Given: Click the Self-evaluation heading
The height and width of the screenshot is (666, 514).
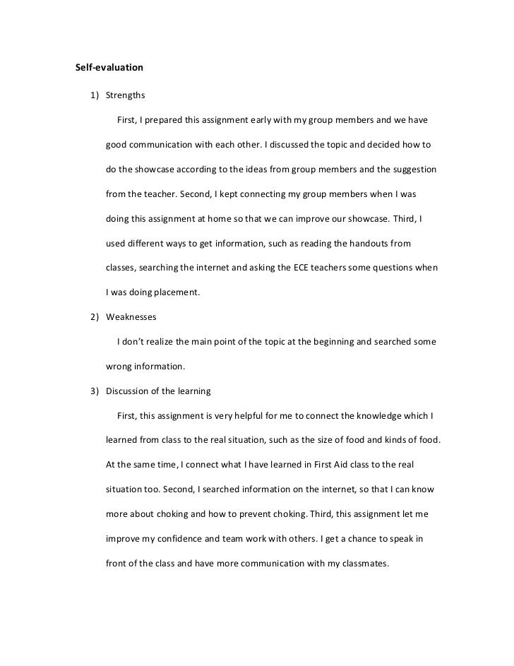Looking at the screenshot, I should [109, 69].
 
